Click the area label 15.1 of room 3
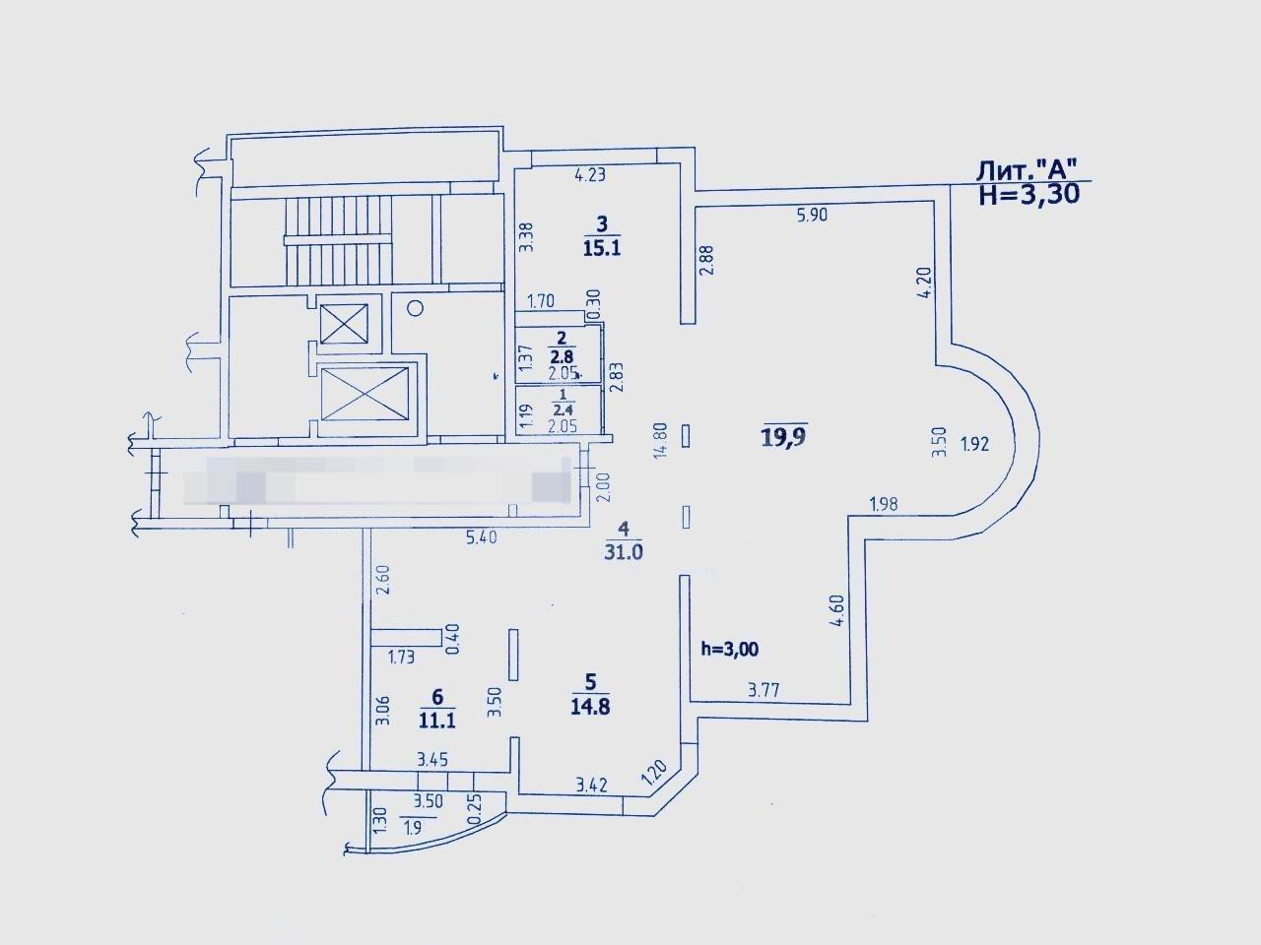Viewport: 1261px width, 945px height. (x=601, y=248)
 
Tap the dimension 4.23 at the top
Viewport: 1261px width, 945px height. (x=589, y=176)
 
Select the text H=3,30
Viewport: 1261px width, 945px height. (x=1029, y=194)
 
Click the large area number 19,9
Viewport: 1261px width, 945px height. (x=784, y=436)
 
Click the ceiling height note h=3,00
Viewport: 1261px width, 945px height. (x=729, y=648)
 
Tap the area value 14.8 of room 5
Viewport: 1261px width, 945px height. (x=590, y=706)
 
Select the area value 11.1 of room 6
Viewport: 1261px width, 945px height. (x=436, y=720)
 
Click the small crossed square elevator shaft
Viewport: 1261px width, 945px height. (x=345, y=323)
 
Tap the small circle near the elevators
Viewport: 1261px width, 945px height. (x=415, y=307)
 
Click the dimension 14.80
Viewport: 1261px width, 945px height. (x=661, y=440)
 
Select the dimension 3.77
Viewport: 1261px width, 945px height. (x=764, y=690)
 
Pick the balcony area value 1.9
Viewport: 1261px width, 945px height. (x=414, y=826)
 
